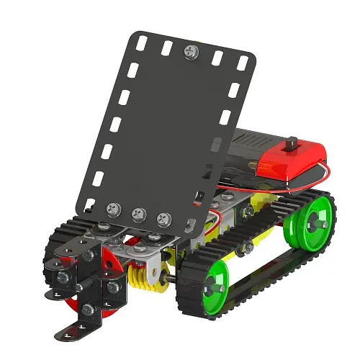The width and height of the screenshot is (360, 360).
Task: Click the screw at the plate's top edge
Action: (x=191, y=51)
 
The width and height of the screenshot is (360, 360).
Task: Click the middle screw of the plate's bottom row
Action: (x=138, y=214)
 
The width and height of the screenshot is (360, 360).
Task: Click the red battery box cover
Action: (x=288, y=160)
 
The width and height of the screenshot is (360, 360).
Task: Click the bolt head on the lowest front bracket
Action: (x=87, y=310)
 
